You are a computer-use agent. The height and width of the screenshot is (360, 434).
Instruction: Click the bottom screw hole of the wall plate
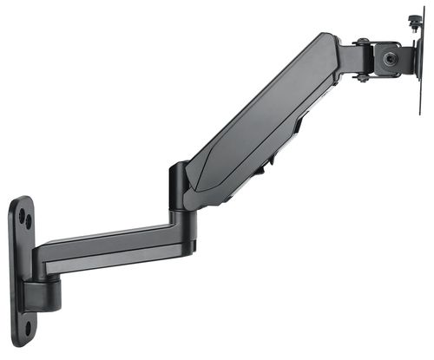tap(27, 328)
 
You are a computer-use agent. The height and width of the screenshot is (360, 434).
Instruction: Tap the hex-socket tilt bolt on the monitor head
tap(388, 59)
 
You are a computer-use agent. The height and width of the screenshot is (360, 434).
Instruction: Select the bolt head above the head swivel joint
tap(362, 41)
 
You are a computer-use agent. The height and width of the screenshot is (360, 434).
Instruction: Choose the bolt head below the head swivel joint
tap(362, 77)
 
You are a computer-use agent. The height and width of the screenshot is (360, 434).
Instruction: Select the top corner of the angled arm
tap(327, 38)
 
